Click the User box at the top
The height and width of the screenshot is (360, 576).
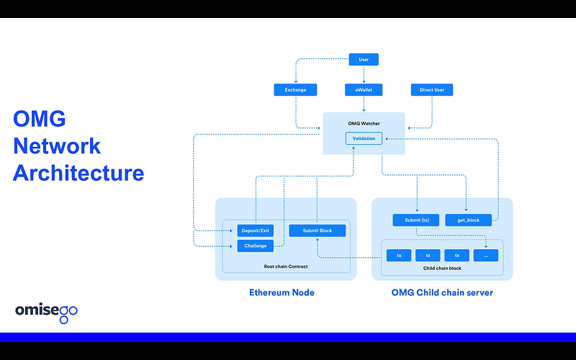364,60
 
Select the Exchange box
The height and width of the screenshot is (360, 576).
295,90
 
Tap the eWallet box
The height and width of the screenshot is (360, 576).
364,90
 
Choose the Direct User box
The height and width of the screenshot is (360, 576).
432,90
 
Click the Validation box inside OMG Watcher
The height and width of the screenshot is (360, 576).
364,138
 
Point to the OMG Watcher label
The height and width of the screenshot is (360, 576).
364,124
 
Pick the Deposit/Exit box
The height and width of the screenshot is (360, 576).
256,230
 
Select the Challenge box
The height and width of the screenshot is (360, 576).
256,246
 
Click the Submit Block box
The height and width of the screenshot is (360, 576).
317,230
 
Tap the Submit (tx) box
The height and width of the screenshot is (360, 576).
416,220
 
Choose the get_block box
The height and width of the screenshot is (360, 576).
468,220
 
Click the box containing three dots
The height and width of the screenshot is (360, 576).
486,255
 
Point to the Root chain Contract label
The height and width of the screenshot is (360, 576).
286,266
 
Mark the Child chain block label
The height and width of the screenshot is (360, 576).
441,268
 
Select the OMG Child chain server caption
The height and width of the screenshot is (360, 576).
442,293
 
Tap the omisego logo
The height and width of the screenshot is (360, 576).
46,311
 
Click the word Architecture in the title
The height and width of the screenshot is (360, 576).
78,174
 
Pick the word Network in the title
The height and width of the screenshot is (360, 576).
57,146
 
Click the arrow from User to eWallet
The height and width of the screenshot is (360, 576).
364,75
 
